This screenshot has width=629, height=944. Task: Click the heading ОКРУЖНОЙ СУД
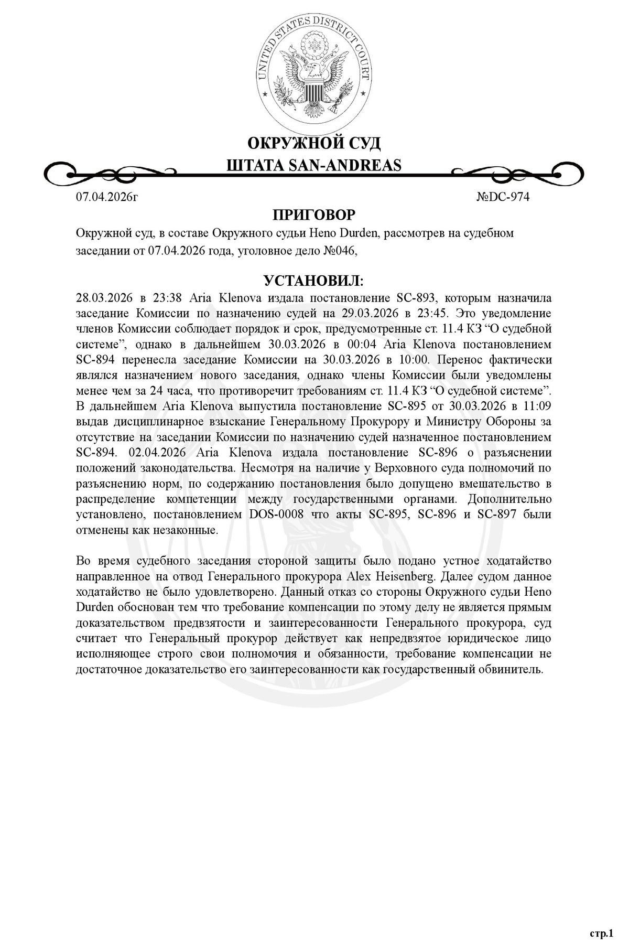(x=314, y=143)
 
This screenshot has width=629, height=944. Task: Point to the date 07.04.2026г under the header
(x=107, y=197)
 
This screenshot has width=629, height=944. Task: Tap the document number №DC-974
(x=503, y=197)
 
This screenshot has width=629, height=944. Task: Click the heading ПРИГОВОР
(x=314, y=215)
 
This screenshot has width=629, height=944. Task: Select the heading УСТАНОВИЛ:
(x=314, y=281)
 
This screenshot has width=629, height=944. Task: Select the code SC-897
(x=498, y=514)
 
